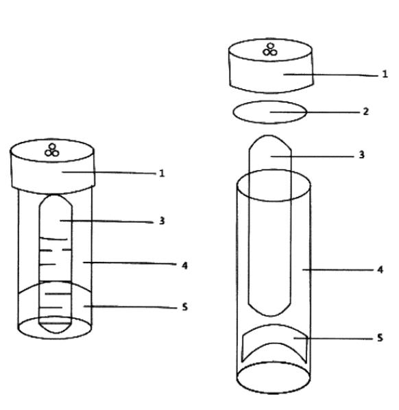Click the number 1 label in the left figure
coord(162,173)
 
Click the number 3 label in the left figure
coord(162,221)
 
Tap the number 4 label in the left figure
coord(185,265)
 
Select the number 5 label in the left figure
coord(185,306)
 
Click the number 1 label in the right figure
coord(385,74)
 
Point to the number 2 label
coord(366,112)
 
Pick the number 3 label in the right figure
coord(361,155)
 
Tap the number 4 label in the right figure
coord(380,269)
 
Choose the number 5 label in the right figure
coord(380,337)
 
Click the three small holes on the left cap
coord(52,150)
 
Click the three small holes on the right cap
coord(270,49)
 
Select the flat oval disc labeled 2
coord(269,112)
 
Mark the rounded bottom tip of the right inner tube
coord(270,315)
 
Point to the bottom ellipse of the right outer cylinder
coord(274,393)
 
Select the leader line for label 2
coord(315,112)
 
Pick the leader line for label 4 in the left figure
coord(130,263)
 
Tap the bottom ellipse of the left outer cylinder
coord(55,339)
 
